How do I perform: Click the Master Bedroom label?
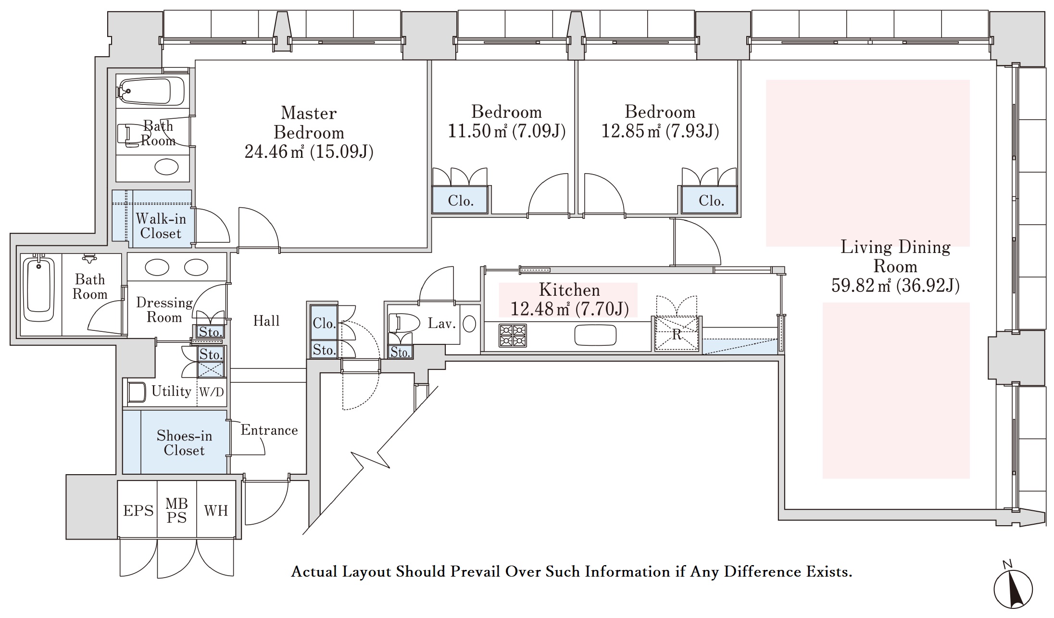click(309, 123)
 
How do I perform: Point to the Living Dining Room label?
click(895, 256)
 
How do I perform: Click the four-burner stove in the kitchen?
click(513, 336)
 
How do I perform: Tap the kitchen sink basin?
click(595, 335)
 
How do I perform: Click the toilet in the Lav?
click(401, 323)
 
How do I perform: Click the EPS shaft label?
click(138, 511)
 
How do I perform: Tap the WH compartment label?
click(216, 511)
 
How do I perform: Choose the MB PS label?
click(176, 511)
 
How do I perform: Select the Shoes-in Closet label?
click(184, 443)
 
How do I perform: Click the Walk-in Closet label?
click(161, 226)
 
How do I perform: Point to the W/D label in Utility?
click(212, 392)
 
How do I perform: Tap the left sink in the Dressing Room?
click(157, 267)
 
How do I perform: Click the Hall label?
click(266, 321)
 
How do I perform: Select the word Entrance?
click(269, 430)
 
